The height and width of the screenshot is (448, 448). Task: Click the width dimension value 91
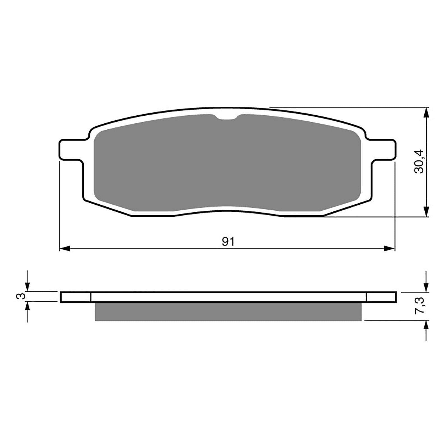pyautogui.click(x=228, y=241)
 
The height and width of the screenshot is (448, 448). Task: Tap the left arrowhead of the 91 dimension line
pyautogui.click(x=65, y=248)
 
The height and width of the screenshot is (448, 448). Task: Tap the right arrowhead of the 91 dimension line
pyautogui.click(x=389, y=248)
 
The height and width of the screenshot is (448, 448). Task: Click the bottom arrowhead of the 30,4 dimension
pyautogui.click(x=426, y=212)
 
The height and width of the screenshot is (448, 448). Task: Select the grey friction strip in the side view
pyautogui.click(x=228, y=311)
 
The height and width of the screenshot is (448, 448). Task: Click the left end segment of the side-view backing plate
pyautogui.click(x=76, y=297)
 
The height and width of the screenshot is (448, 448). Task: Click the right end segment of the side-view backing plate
pyautogui.click(x=381, y=297)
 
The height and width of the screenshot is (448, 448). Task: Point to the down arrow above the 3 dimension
pyautogui.click(x=27, y=286)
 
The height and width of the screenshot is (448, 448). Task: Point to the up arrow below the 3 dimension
pyautogui.click(x=27, y=307)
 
